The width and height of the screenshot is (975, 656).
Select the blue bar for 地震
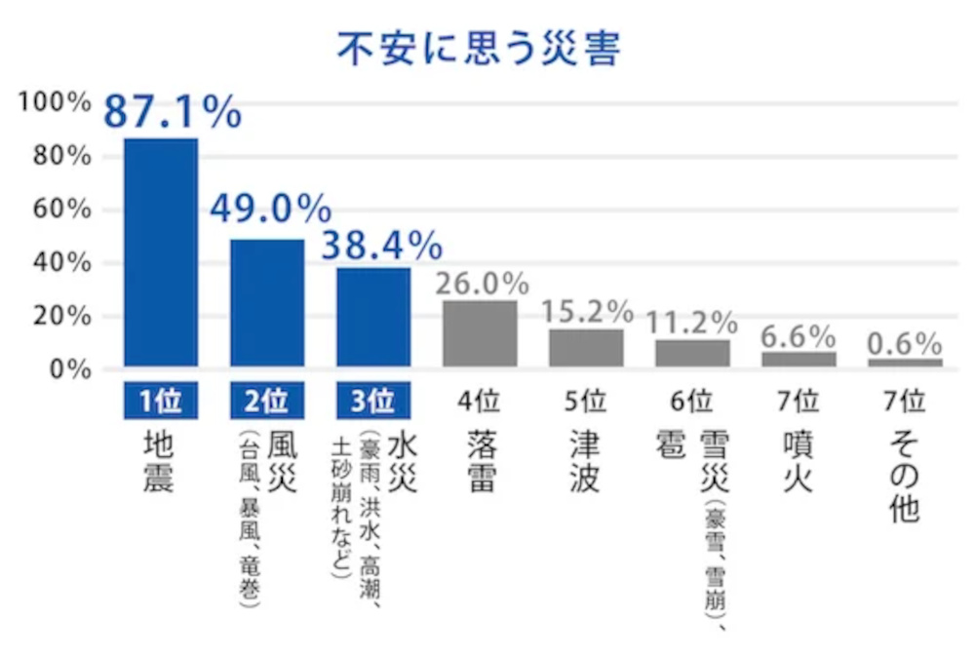(x=161, y=252)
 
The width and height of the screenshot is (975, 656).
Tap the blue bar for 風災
(x=267, y=303)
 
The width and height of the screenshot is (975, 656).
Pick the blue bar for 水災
(x=373, y=317)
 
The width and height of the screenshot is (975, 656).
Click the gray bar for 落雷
(x=480, y=333)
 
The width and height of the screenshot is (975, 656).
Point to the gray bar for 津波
(x=586, y=348)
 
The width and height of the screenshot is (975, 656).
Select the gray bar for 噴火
(x=799, y=359)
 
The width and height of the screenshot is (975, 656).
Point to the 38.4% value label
(x=382, y=246)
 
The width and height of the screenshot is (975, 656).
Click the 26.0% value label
(x=482, y=284)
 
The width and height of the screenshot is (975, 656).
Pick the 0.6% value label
(x=905, y=344)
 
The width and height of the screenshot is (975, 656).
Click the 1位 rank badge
(x=161, y=400)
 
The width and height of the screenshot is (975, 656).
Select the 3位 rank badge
(x=373, y=400)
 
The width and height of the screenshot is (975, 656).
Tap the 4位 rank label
(x=480, y=400)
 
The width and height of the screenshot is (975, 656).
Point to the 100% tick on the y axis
(x=55, y=103)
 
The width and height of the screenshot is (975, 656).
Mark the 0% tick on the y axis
(x=68, y=369)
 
